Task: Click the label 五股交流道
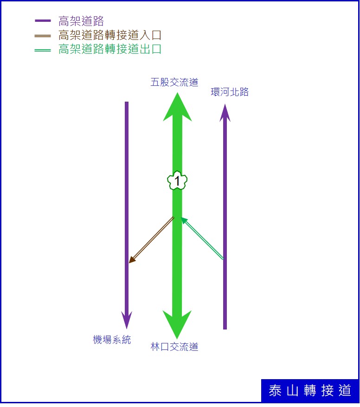point(174,82)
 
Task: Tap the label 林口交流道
point(174,347)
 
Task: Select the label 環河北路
point(230,92)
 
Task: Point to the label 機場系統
point(112,340)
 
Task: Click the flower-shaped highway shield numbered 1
point(177,181)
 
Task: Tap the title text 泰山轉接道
point(310,390)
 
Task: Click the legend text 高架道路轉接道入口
point(110,35)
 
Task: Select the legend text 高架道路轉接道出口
point(110,49)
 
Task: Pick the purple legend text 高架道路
point(81,21)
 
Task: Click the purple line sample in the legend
point(43,20)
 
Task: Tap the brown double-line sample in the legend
point(43,36)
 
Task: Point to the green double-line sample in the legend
point(43,50)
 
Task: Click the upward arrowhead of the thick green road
point(177,107)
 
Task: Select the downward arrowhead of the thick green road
point(177,325)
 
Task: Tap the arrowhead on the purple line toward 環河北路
point(225,113)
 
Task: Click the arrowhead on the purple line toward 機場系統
point(127,320)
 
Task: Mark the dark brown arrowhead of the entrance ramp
point(132,259)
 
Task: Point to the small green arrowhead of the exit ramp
point(184,220)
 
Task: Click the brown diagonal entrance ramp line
point(151,240)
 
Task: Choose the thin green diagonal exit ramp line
point(202,238)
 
